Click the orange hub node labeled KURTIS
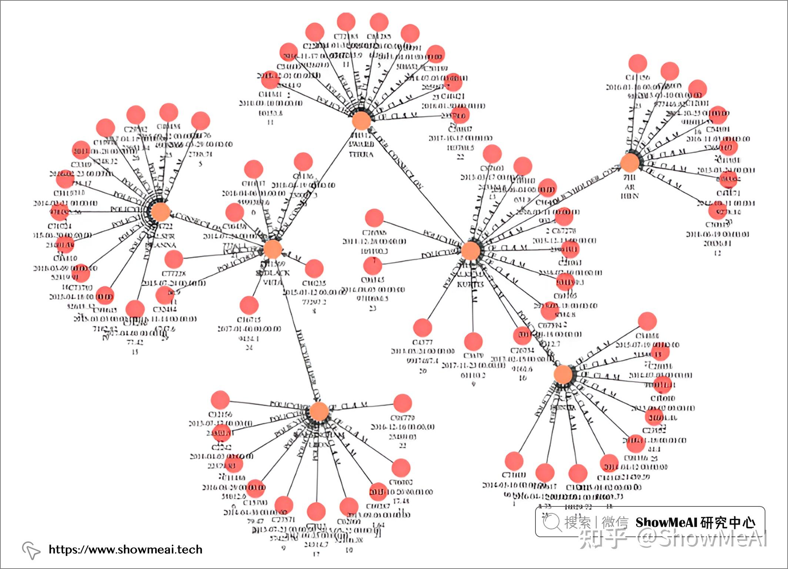tap(470, 251)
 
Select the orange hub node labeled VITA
tap(273, 249)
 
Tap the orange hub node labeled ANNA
tap(161, 212)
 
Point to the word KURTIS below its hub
tap(470, 284)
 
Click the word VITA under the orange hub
tap(273, 282)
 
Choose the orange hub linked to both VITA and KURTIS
tap(361, 121)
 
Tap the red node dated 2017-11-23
tap(473, 341)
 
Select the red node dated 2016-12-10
tap(403, 403)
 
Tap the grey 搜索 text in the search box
tap(577, 522)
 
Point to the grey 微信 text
tap(615, 522)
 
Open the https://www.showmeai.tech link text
tap(126, 549)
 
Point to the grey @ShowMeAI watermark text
tap(702, 539)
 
